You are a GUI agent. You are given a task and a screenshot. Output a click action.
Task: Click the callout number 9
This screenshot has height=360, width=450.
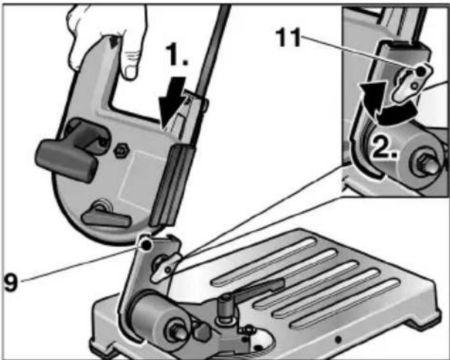click(x=11, y=282)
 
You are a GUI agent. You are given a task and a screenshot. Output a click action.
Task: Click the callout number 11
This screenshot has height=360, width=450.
click(x=288, y=38)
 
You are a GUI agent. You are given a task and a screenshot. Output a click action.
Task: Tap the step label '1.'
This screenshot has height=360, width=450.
click(x=177, y=54)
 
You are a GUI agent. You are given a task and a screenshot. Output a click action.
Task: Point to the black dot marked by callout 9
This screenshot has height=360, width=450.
click(x=147, y=244)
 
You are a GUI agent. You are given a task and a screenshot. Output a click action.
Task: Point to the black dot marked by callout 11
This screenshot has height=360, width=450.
click(x=420, y=71)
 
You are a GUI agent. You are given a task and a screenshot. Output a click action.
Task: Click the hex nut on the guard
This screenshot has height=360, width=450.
click(x=121, y=150)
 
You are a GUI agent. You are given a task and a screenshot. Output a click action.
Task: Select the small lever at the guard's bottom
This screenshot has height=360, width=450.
click(x=106, y=217)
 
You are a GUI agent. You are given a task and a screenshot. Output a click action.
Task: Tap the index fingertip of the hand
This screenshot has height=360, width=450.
click(x=130, y=73)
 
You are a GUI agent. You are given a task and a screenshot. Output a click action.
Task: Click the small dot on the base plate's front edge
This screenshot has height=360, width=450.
click(x=338, y=339)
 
